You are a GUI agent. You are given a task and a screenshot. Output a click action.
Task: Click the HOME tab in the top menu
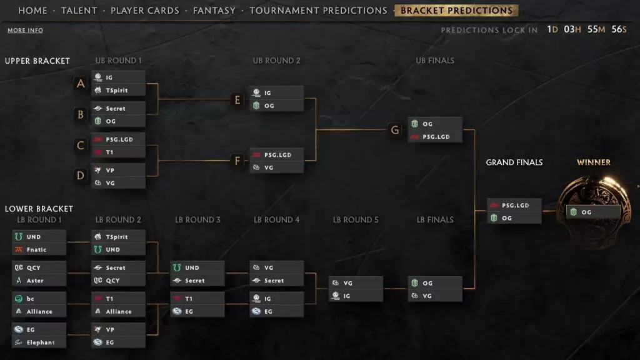pos(32,11)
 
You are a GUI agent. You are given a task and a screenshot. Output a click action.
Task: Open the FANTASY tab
pos(214,11)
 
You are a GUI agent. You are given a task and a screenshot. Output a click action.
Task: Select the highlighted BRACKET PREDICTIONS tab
pos(456,11)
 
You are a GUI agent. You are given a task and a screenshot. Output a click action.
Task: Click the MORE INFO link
pos(25,30)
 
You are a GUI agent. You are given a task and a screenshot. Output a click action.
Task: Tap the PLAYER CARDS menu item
pos(145,11)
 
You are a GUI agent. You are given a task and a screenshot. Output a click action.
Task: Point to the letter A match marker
pos(81,84)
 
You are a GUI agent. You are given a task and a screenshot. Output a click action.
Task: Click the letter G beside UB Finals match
pos(395,130)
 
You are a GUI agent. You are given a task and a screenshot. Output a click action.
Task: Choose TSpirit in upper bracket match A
pos(118,90)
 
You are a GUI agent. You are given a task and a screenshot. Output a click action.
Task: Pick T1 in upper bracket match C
pos(118,152)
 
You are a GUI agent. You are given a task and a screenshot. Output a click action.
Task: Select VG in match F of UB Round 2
pos(277,167)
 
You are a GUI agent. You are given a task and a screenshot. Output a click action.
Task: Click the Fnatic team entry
pos(39,249)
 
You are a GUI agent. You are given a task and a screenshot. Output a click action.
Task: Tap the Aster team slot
pos(39,281)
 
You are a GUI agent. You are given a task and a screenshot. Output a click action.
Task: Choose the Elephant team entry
pos(39,342)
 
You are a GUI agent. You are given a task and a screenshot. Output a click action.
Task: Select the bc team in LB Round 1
pos(39,298)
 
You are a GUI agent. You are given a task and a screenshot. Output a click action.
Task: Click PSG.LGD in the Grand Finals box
pos(514,205)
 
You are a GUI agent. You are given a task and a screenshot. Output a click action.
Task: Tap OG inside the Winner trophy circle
pos(594,212)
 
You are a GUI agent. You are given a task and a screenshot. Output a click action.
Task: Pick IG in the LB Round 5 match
pos(356,296)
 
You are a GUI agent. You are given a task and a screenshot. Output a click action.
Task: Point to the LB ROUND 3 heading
pos(197,220)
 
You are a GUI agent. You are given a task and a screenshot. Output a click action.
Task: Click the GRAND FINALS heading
pos(514,162)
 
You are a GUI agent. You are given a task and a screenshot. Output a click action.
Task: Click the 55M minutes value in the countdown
pos(596,29)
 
